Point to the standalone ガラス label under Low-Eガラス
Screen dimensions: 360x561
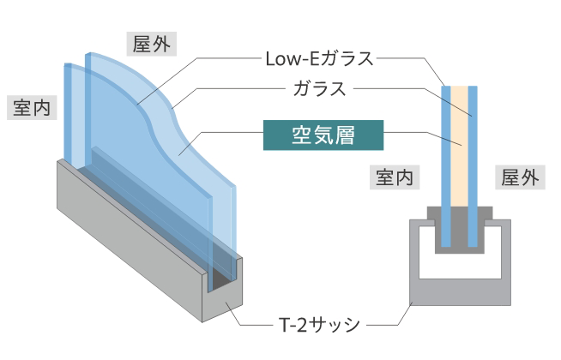(x=319, y=87)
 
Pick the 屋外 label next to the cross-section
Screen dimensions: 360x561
(x=520, y=177)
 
